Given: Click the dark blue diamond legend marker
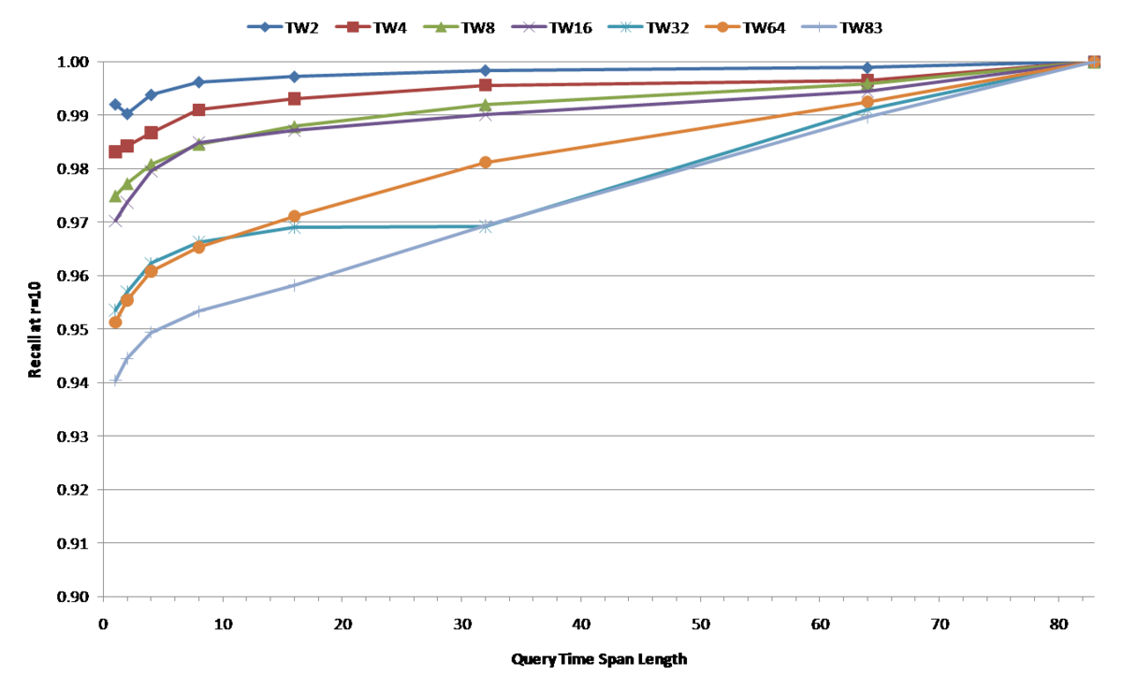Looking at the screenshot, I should (x=265, y=26).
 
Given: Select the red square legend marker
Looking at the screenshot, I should (x=353, y=26).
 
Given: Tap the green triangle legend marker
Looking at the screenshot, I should (x=441, y=26).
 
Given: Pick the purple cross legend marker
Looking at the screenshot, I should (x=529, y=26).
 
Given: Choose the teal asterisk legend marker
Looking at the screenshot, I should (x=625, y=26).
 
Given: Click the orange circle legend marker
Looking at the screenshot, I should (x=722, y=26).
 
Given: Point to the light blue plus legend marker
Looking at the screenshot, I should (x=819, y=26).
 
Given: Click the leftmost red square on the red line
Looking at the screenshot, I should (x=115, y=151).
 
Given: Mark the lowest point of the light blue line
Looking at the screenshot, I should (x=115, y=381).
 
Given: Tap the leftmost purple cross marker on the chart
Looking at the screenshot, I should (x=115, y=221).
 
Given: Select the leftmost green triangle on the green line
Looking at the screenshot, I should (x=115, y=195).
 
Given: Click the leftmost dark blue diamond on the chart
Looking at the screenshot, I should (x=115, y=105).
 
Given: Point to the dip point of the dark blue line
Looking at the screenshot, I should (x=127, y=114).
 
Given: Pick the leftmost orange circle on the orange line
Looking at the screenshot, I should (x=115, y=322).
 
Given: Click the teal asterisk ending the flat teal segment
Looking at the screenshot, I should (x=485, y=226).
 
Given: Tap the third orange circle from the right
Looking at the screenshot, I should (x=485, y=162).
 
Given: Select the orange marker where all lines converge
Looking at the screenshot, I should (x=1094, y=62).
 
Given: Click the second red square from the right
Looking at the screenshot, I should (x=868, y=79).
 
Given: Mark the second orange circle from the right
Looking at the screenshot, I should (x=868, y=101).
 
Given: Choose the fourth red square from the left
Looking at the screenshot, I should (x=198, y=109).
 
